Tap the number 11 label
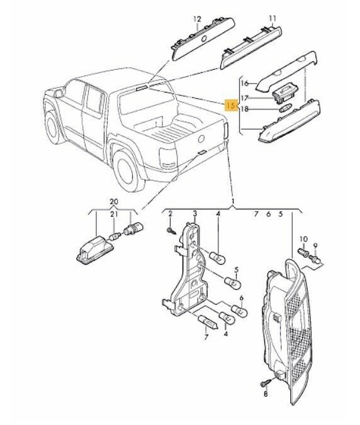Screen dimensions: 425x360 tap(272, 19)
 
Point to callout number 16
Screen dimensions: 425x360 tap(245, 82)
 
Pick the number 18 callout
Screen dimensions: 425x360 tap(245, 109)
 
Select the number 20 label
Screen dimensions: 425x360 tap(113, 201)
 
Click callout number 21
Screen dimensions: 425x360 tap(114, 215)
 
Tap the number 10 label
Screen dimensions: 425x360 tap(303, 239)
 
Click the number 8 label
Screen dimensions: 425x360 tap(266, 394)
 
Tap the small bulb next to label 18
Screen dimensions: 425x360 tap(283, 110)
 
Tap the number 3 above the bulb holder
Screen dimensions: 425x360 tap(195, 215)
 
